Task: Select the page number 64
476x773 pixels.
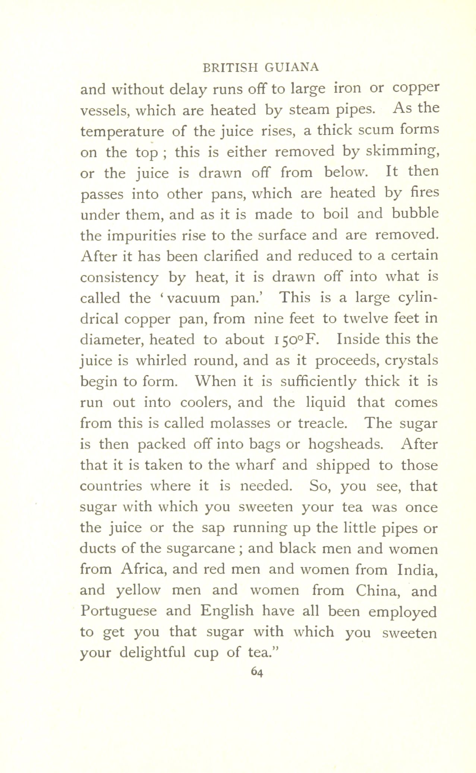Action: (x=257, y=672)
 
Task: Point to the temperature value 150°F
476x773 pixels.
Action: (x=295, y=340)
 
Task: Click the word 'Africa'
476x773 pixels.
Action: (x=144, y=569)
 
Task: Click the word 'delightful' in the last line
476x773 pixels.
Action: (x=153, y=653)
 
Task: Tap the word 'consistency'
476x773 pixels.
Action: (x=119, y=277)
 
